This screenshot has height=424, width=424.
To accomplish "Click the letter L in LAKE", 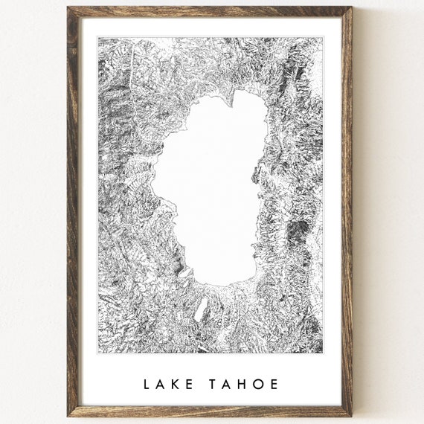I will (147, 385).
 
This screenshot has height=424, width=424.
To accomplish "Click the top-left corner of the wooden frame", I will (68, 8).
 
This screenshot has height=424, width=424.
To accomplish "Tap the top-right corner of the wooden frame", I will (351, 8).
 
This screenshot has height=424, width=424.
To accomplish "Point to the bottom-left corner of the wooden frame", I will (68, 415).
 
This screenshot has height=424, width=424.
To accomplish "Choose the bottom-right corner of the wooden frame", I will (351, 415).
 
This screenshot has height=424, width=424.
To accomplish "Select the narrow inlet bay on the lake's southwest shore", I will (182, 272).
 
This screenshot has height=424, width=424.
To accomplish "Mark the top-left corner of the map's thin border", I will (98, 38).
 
